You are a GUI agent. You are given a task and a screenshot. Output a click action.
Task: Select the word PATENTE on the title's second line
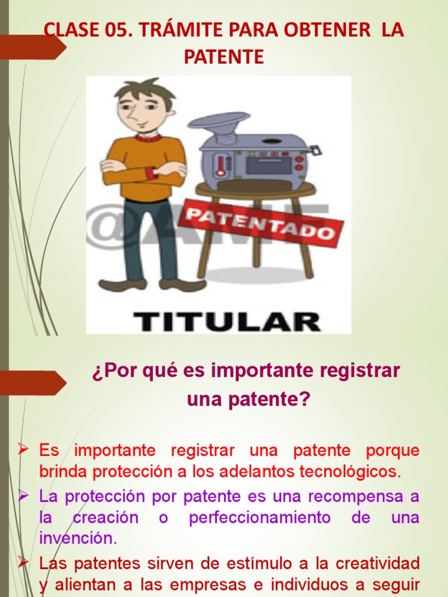coord(224,57)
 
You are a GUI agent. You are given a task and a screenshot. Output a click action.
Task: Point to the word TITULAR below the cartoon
coord(227,321)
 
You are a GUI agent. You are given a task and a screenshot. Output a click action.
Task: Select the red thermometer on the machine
coord(220,165)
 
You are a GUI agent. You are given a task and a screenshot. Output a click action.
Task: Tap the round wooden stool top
coord(255,188)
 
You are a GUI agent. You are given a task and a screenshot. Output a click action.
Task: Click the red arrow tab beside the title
coord(32,47)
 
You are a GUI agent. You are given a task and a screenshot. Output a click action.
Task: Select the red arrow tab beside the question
coord(32,382)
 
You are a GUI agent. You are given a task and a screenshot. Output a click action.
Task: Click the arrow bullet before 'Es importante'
coord(23,449)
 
